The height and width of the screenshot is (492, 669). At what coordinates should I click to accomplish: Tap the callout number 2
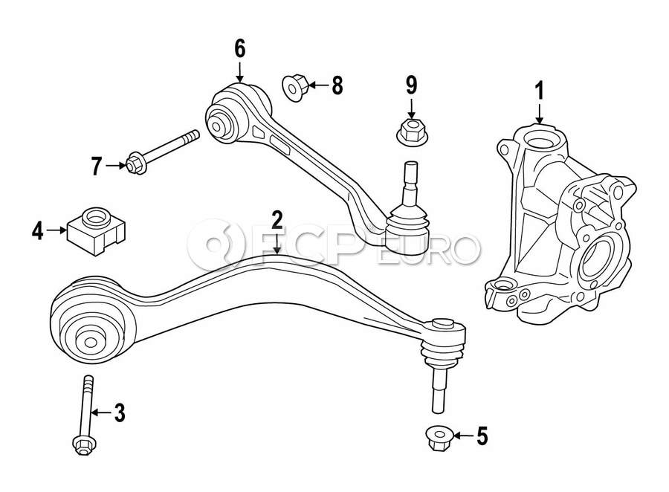[x=277, y=220]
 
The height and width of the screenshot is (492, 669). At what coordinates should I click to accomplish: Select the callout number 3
[x=120, y=412]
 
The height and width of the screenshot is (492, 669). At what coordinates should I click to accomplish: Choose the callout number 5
[x=482, y=436]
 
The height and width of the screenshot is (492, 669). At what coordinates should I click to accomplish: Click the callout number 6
[x=239, y=49]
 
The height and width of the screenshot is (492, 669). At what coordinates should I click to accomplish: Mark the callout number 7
[x=95, y=166]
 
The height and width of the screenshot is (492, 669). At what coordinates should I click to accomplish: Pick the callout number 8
[x=337, y=85]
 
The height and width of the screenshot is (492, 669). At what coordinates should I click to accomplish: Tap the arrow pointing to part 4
[x=57, y=231]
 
